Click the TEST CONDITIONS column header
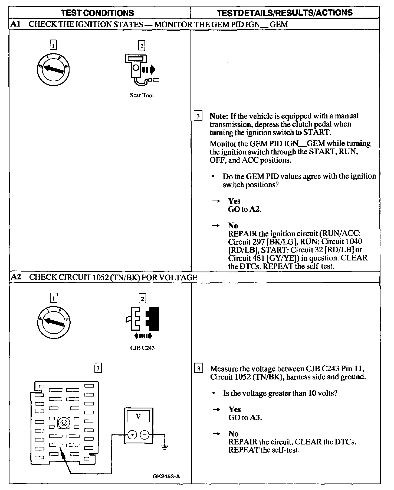click(x=97, y=13)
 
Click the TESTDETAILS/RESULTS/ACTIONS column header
click(x=285, y=13)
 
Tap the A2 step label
click(x=15, y=277)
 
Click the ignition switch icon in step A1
click(x=54, y=69)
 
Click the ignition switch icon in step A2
click(x=54, y=322)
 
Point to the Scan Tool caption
click(x=142, y=95)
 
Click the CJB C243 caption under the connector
click(x=142, y=348)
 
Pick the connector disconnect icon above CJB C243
click(x=143, y=321)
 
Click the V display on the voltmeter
click(x=138, y=416)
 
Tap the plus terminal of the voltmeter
click(x=132, y=435)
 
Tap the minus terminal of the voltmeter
click(x=145, y=435)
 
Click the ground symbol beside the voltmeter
click(x=164, y=447)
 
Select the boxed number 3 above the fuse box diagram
click(x=98, y=368)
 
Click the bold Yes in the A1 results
click(x=234, y=201)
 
